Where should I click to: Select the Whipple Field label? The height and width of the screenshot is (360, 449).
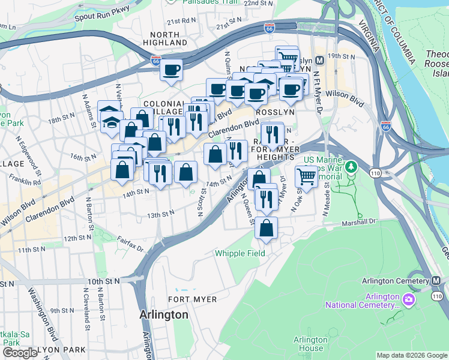click(240, 254)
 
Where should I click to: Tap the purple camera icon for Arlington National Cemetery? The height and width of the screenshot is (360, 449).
click(408, 298)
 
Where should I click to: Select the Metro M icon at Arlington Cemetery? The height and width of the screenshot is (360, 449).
click(436, 281)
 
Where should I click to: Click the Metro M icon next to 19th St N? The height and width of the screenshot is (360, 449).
click(319, 60)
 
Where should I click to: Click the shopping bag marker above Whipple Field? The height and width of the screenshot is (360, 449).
click(266, 228)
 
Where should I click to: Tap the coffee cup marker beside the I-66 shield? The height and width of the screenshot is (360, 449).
click(171, 70)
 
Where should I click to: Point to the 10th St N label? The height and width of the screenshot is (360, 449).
click(104, 281)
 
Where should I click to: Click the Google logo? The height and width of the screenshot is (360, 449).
click(19, 353)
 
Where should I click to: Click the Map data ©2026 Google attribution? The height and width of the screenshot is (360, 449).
click(411, 355)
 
